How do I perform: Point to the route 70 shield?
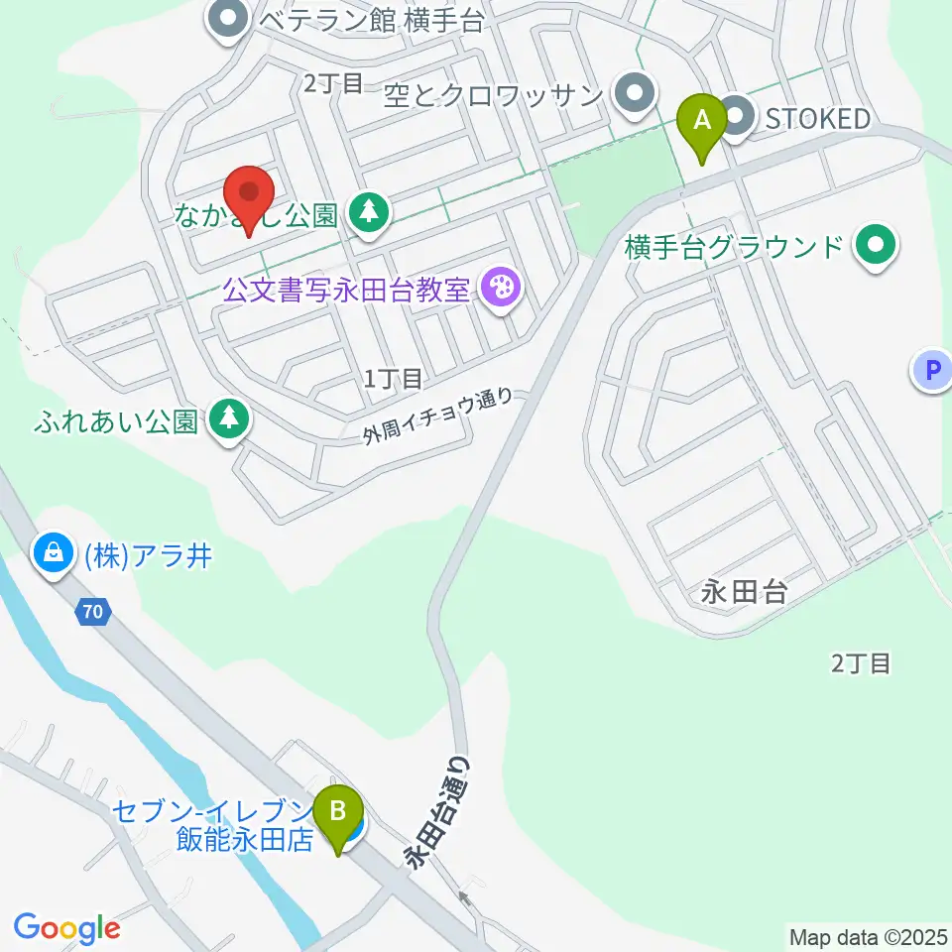pyautogui.click(x=91, y=613)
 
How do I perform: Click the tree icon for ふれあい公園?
pyautogui.click(x=229, y=419)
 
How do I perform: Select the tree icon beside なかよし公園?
pyautogui.click(x=370, y=212)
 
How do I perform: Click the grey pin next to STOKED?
pyautogui.click(x=737, y=119)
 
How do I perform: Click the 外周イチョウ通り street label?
pyautogui.click(x=438, y=416)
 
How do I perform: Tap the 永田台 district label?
pyautogui.click(x=744, y=592)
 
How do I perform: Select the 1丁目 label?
pyautogui.click(x=394, y=378)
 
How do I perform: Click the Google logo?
pyautogui.click(x=66, y=928)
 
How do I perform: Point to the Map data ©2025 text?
pyautogui.click(x=868, y=936)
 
